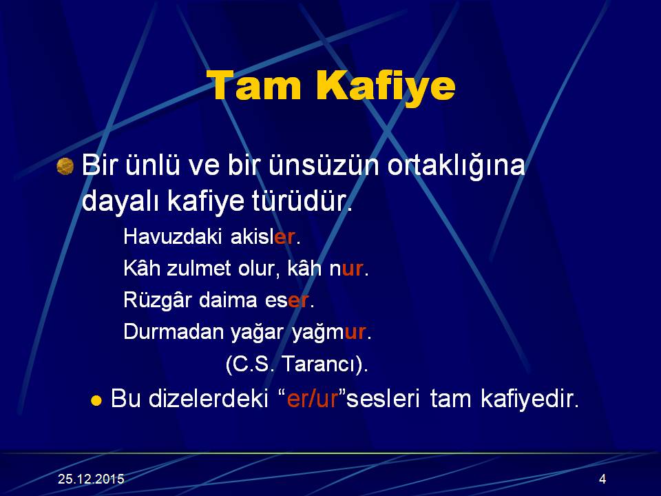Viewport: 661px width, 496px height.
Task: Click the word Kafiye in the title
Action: [386, 87]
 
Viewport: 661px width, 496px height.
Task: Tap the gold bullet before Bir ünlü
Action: [65, 166]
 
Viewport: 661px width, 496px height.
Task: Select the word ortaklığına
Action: [456, 166]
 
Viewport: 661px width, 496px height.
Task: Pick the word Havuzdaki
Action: [172, 236]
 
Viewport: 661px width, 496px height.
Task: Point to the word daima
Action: [228, 300]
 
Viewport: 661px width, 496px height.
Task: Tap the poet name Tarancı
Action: [324, 364]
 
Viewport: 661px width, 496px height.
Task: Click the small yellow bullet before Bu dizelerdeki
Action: [96, 400]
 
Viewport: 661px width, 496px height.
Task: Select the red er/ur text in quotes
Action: [313, 399]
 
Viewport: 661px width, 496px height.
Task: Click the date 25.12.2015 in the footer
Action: [91, 479]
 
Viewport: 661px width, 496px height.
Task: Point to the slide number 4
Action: [602, 479]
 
